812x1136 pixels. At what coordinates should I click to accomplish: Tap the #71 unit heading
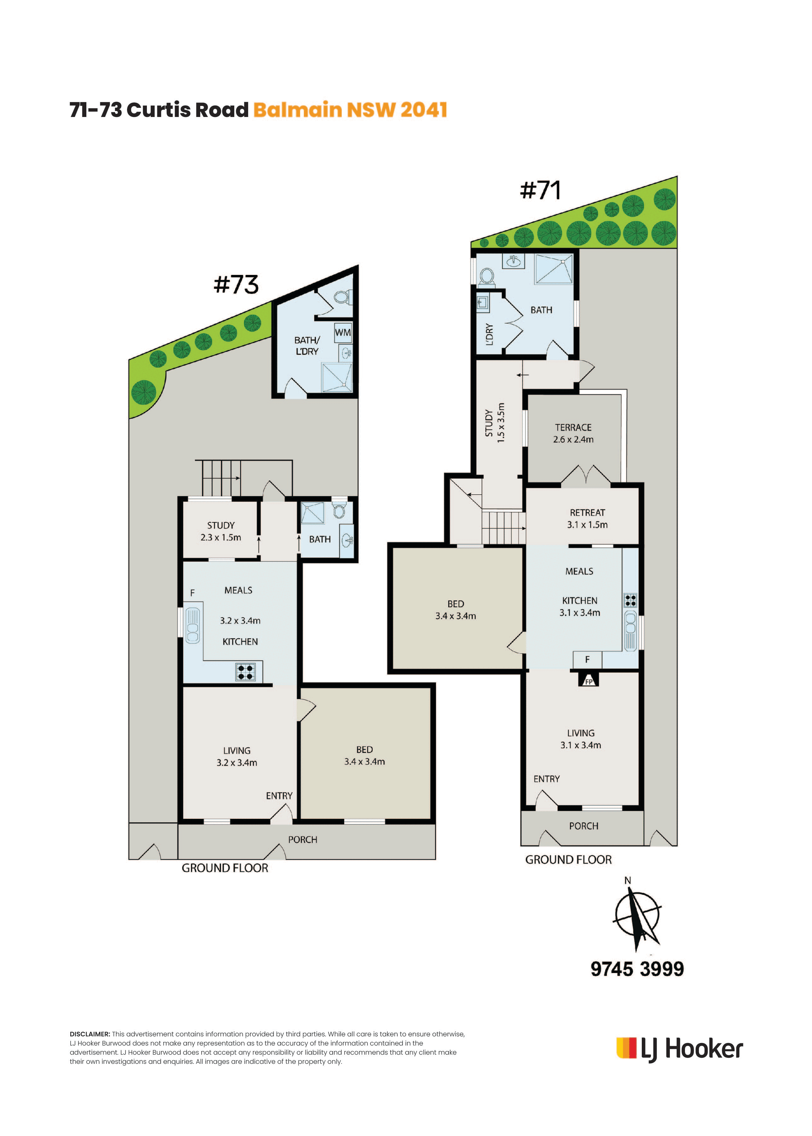tap(541, 190)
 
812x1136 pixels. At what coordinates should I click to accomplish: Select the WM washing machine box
tap(343, 333)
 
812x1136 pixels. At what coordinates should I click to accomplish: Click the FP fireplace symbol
tap(589, 680)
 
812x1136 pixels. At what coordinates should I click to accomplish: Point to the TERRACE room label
tap(573, 428)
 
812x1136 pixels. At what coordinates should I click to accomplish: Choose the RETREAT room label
tap(588, 512)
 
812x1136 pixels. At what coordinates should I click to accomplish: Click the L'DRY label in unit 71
tap(490, 335)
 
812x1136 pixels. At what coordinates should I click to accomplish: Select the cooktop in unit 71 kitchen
tap(630, 600)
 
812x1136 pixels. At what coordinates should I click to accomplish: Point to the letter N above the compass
tap(628, 881)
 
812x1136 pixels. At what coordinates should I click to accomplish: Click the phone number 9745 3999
tap(637, 969)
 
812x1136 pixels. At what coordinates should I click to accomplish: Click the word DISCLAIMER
tap(90, 1034)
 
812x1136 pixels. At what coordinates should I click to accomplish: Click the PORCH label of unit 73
tap(303, 840)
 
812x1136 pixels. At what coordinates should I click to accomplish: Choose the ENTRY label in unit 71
tap(547, 779)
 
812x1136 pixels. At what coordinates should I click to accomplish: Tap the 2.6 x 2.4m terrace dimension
tap(573, 440)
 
